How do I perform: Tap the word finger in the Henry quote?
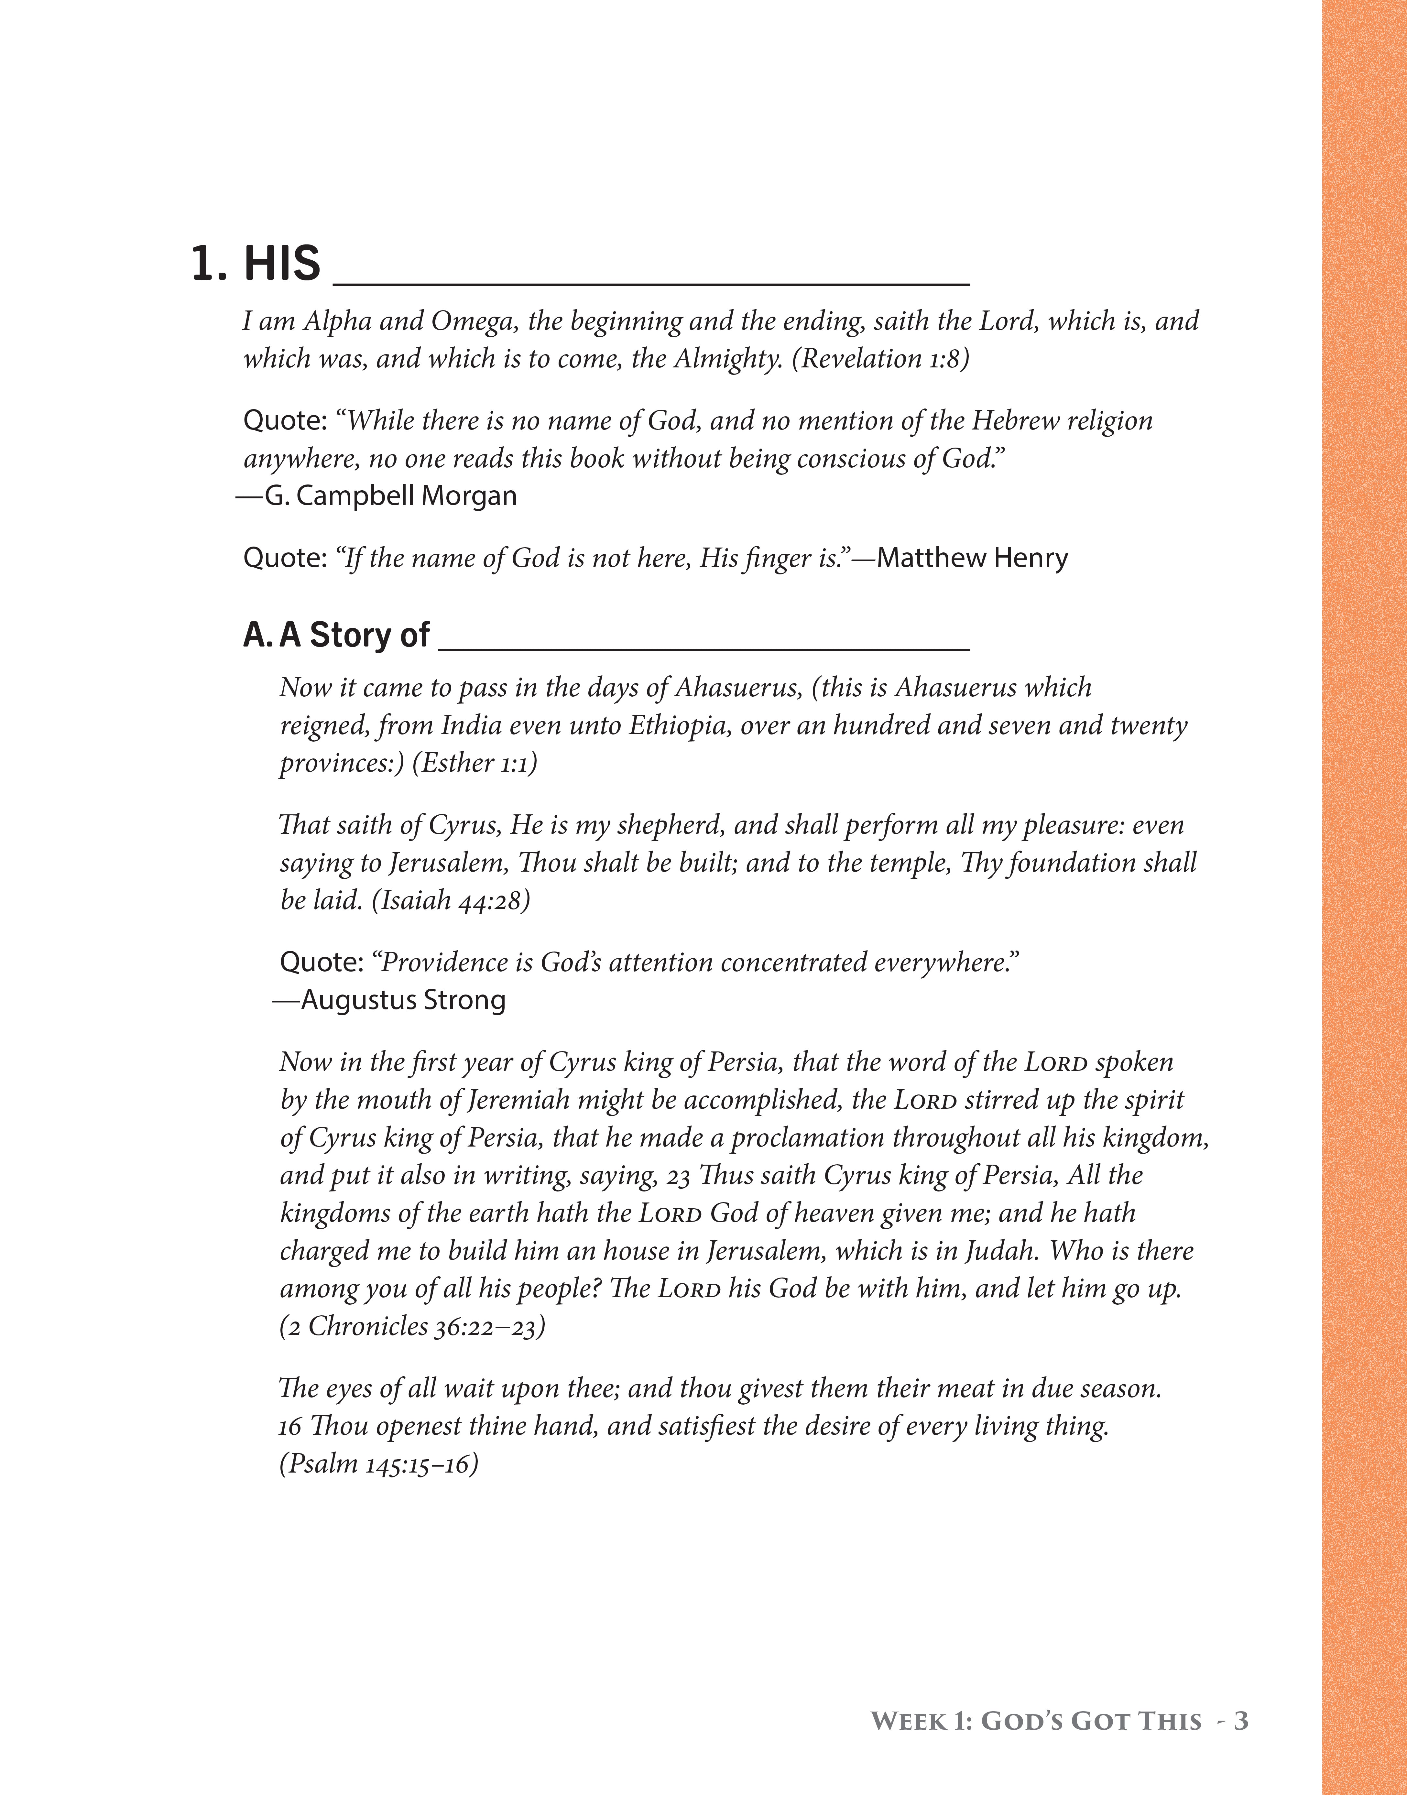[x=770, y=559]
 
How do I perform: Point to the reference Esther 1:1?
[x=474, y=763]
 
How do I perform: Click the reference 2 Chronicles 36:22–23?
[x=412, y=1326]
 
